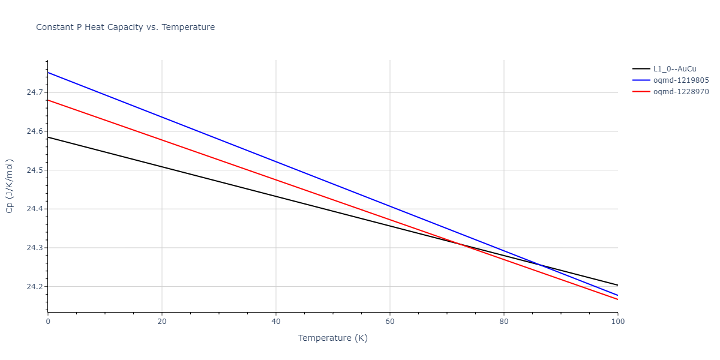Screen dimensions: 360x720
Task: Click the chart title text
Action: pos(125,27)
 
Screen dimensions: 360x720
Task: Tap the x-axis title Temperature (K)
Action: pos(332,338)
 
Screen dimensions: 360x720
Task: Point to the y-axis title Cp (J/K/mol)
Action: pos(10,186)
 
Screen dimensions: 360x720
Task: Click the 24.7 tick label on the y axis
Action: pos(34,92)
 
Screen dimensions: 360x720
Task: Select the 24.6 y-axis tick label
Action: pos(34,131)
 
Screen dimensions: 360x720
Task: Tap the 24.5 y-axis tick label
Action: pos(34,170)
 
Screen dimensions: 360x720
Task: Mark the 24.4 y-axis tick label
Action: pos(34,209)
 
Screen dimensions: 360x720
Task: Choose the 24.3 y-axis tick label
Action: pos(34,248)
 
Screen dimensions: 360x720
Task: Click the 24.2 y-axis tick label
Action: pos(34,287)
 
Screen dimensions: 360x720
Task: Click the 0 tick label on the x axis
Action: pos(48,322)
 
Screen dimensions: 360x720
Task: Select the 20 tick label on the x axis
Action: pos(162,322)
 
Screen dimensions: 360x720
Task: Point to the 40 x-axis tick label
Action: pos(276,322)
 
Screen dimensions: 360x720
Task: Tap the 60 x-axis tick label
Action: pos(390,322)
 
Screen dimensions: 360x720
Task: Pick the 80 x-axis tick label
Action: pos(504,322)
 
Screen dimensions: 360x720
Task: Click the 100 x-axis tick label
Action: pos(617,322)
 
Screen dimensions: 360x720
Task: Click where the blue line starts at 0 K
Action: pos(48,73)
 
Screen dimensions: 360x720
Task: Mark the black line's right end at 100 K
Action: pos(617,285)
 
